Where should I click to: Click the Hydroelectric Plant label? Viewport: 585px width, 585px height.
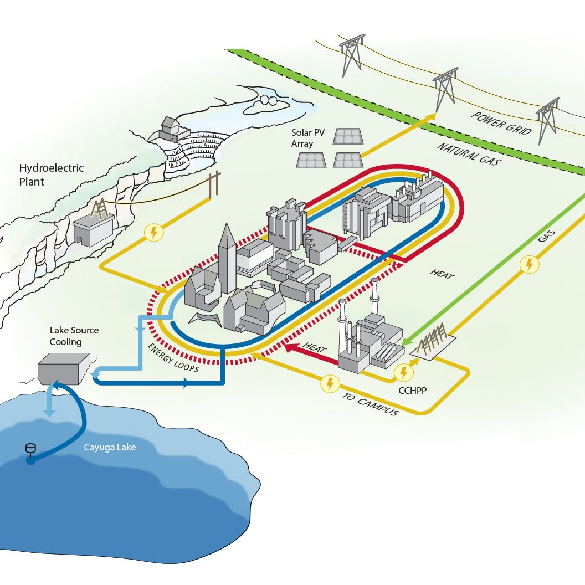[52, 175]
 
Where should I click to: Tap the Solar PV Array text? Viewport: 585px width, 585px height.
[310, 138]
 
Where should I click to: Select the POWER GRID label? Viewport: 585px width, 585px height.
[501, 123]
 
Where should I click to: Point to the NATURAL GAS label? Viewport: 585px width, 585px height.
[468, 154]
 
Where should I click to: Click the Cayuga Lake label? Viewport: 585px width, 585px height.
[109, 447]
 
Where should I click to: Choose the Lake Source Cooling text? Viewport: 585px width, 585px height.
[74, 336]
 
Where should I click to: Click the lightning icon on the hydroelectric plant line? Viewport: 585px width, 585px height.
[153, 233]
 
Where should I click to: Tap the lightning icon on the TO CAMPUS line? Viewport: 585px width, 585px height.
[331, 383]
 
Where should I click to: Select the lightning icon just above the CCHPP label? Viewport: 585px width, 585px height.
[404, 372]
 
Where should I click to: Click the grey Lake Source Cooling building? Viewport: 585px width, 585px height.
[63, 366]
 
